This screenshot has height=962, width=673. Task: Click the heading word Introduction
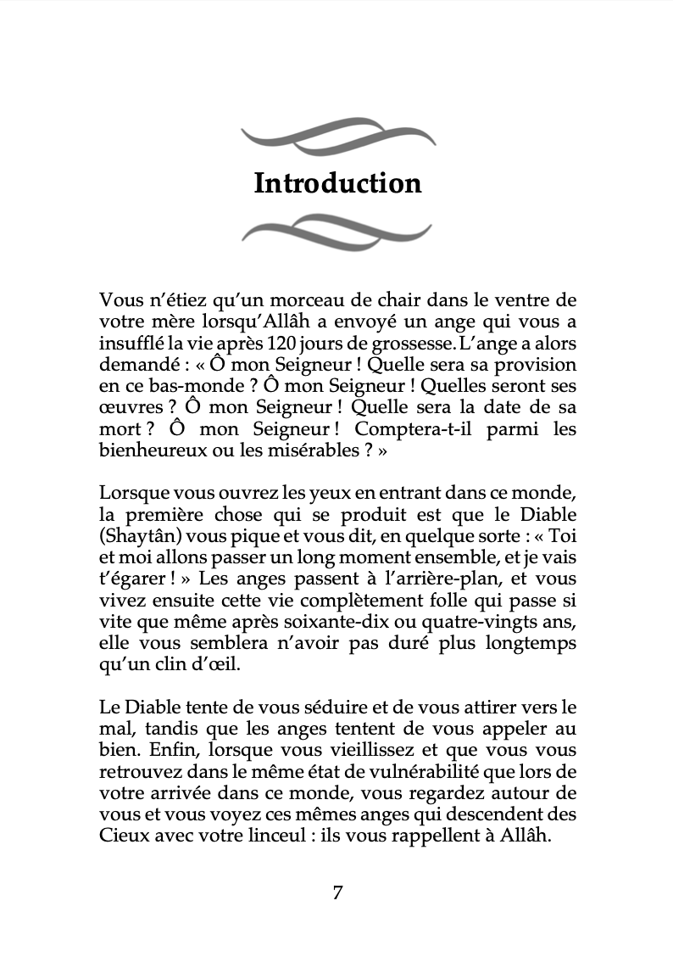(x=337, y=184)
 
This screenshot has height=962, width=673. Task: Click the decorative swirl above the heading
(x=337, y=134)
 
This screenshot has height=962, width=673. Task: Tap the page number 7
(x=337, y=892)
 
